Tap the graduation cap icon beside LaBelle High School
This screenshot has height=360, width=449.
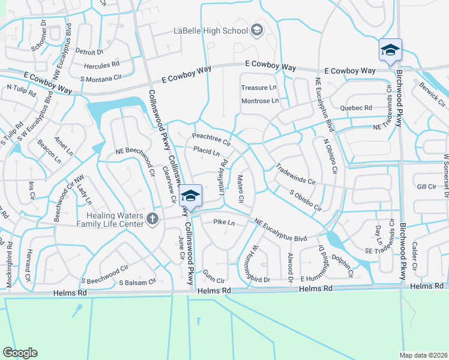click(256, 31)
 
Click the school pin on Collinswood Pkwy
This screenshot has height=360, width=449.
click(190, 196)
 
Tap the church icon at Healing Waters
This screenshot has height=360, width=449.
click(152, 220)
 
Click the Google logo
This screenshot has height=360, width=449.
click(20, 352)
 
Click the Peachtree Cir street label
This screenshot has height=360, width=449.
click(211, 139)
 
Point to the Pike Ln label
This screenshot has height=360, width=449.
click(223, 223)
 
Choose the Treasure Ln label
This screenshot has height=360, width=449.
click(259, 88)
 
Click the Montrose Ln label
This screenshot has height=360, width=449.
click(260, 100)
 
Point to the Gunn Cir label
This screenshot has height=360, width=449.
click(213, 280)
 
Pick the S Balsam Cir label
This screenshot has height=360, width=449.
click(137, 281)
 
